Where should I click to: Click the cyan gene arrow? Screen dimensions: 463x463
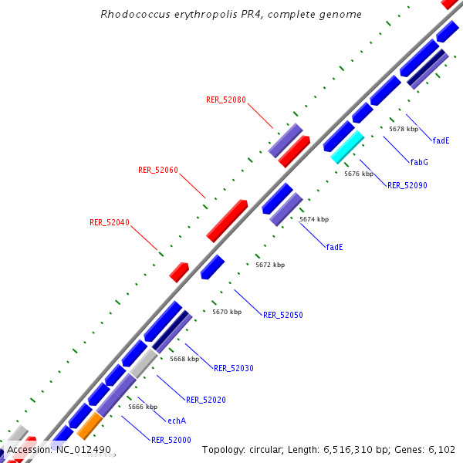click(347, 147)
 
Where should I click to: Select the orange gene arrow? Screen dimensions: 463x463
click(90, 425)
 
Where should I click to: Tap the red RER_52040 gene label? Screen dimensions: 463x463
click(110, 223)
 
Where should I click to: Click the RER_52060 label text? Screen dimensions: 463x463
click(158, 170)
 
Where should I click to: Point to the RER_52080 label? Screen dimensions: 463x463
click(226, 100)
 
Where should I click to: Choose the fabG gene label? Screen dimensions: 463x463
click(419, 162)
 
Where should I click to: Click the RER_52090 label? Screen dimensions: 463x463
click(407, 185)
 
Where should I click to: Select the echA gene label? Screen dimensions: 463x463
click(177, 421)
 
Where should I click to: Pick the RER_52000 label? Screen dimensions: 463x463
click(171, 440)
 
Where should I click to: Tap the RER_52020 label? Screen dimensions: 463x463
click(205, 400)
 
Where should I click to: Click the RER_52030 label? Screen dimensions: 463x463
click(233, 368)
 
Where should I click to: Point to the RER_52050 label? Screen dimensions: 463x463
click(282, 315)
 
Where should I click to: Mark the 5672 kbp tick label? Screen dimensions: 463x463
click(270, 265)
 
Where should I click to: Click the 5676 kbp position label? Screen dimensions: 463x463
click(359, 174)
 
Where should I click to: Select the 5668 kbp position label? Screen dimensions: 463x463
click(184, 359)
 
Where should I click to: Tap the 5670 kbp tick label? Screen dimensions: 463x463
click(227, 312)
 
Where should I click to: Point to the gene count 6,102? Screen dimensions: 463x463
click(438, 449)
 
